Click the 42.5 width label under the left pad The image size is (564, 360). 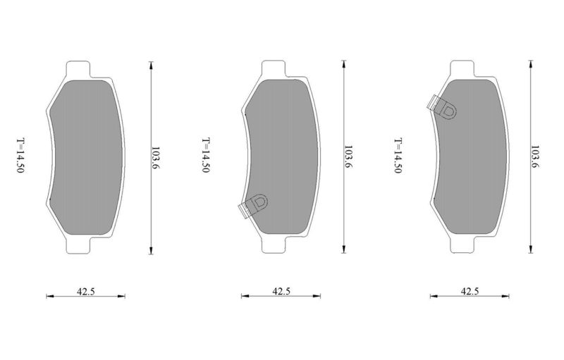point(85,291)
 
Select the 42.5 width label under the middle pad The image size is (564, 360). point(281,291)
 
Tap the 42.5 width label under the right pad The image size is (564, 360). point(470,291)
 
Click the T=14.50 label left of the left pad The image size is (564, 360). point(20,155)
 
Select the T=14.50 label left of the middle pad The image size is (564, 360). point(205,155)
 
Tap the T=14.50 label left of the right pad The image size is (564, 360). point(398,156)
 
